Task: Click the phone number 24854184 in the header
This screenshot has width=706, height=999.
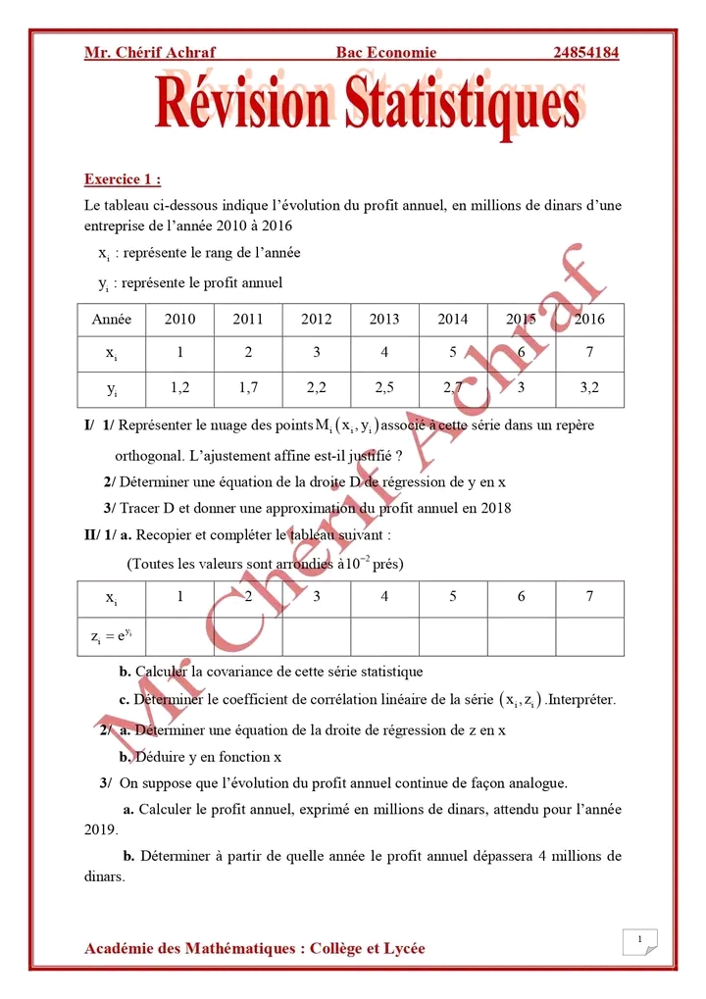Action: [x=585, y=53]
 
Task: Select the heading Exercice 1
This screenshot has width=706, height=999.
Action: [x=123, y=179]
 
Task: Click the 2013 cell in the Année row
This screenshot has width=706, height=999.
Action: [x=384, y=319]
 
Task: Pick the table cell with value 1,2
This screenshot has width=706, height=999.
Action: [x=179, y=387]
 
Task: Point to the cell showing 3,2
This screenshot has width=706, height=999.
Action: [x=589, y=387]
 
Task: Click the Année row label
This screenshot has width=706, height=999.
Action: [x=111, y=319]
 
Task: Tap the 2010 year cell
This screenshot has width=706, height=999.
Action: [x=179, y=319]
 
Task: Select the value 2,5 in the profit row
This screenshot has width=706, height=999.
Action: [x=384, y=387]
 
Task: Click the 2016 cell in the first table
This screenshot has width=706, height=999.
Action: [x=589, y=319]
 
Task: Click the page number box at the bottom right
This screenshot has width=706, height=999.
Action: [x=639, y=943]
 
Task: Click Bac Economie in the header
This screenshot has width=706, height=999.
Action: [x=385, y=53]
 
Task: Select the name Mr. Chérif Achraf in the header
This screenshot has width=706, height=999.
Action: [x=149, y=53]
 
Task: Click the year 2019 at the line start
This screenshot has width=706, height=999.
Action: [x=101, y=828]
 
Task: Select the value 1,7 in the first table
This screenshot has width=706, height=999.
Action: [x=248, y=387]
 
